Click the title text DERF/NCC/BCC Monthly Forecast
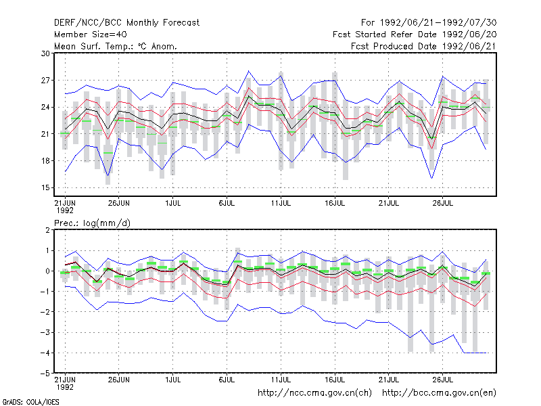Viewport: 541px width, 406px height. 126,23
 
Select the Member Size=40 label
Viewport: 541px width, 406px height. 91,35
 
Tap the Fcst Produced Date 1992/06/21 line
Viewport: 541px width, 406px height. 424,46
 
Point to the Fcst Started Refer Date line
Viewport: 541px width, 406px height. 415,35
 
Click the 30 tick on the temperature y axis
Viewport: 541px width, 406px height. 45,53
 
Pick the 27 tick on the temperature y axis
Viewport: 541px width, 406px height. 45,81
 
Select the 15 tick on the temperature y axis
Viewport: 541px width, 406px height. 45,188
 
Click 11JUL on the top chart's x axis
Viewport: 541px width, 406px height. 281,204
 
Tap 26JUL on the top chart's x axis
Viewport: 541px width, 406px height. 443,204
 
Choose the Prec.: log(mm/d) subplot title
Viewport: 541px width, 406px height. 92,223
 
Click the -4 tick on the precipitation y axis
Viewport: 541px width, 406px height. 45,353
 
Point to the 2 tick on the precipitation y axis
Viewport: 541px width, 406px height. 47,230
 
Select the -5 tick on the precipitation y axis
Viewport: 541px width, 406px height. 45,374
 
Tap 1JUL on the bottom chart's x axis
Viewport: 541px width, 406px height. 173,380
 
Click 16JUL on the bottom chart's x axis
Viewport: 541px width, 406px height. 335,380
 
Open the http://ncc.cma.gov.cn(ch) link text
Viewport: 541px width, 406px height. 314,393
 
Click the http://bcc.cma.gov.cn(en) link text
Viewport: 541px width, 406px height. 439,393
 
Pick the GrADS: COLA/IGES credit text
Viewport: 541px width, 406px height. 30,402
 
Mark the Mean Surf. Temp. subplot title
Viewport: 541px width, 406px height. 116,46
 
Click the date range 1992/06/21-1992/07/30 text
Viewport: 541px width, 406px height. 438,23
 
